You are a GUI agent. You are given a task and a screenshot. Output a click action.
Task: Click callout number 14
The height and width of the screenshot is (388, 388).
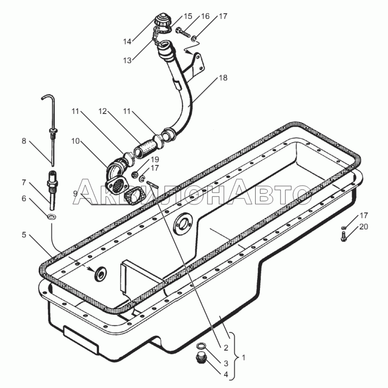(127, 42)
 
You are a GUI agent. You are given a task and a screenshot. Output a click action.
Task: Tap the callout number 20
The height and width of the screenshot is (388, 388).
(364, 226)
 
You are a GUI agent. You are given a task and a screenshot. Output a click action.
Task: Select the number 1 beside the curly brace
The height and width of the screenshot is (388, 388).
(244, 358)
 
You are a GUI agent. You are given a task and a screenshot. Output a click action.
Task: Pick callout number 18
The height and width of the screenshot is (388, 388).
(223, 78)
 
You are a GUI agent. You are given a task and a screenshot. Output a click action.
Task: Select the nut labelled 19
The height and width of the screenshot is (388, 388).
(135, 173)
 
